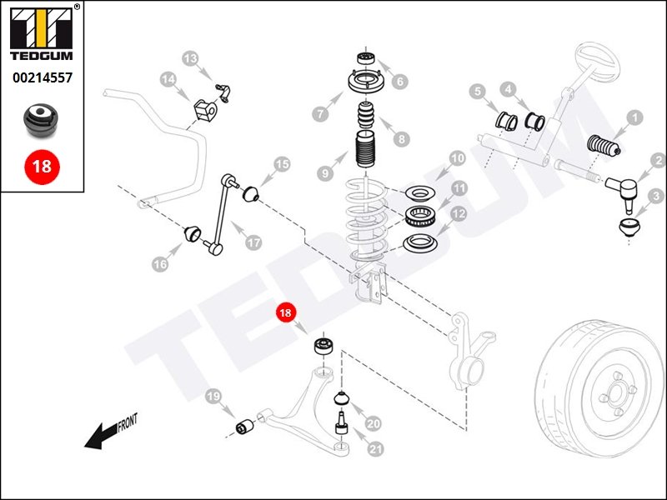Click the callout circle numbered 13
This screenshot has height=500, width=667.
click(x=191, y=58)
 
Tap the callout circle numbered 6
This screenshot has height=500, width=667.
click(x=401, y=82)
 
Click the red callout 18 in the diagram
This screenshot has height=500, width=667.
click(x=286, y=313)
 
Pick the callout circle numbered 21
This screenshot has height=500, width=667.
click(x=375, y=449)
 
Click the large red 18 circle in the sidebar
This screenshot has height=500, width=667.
click(x=42, y=165)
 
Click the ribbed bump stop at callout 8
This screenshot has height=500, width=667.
click(x=367, y=117)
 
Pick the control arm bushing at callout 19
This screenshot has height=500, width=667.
click(x=246, y=427)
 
